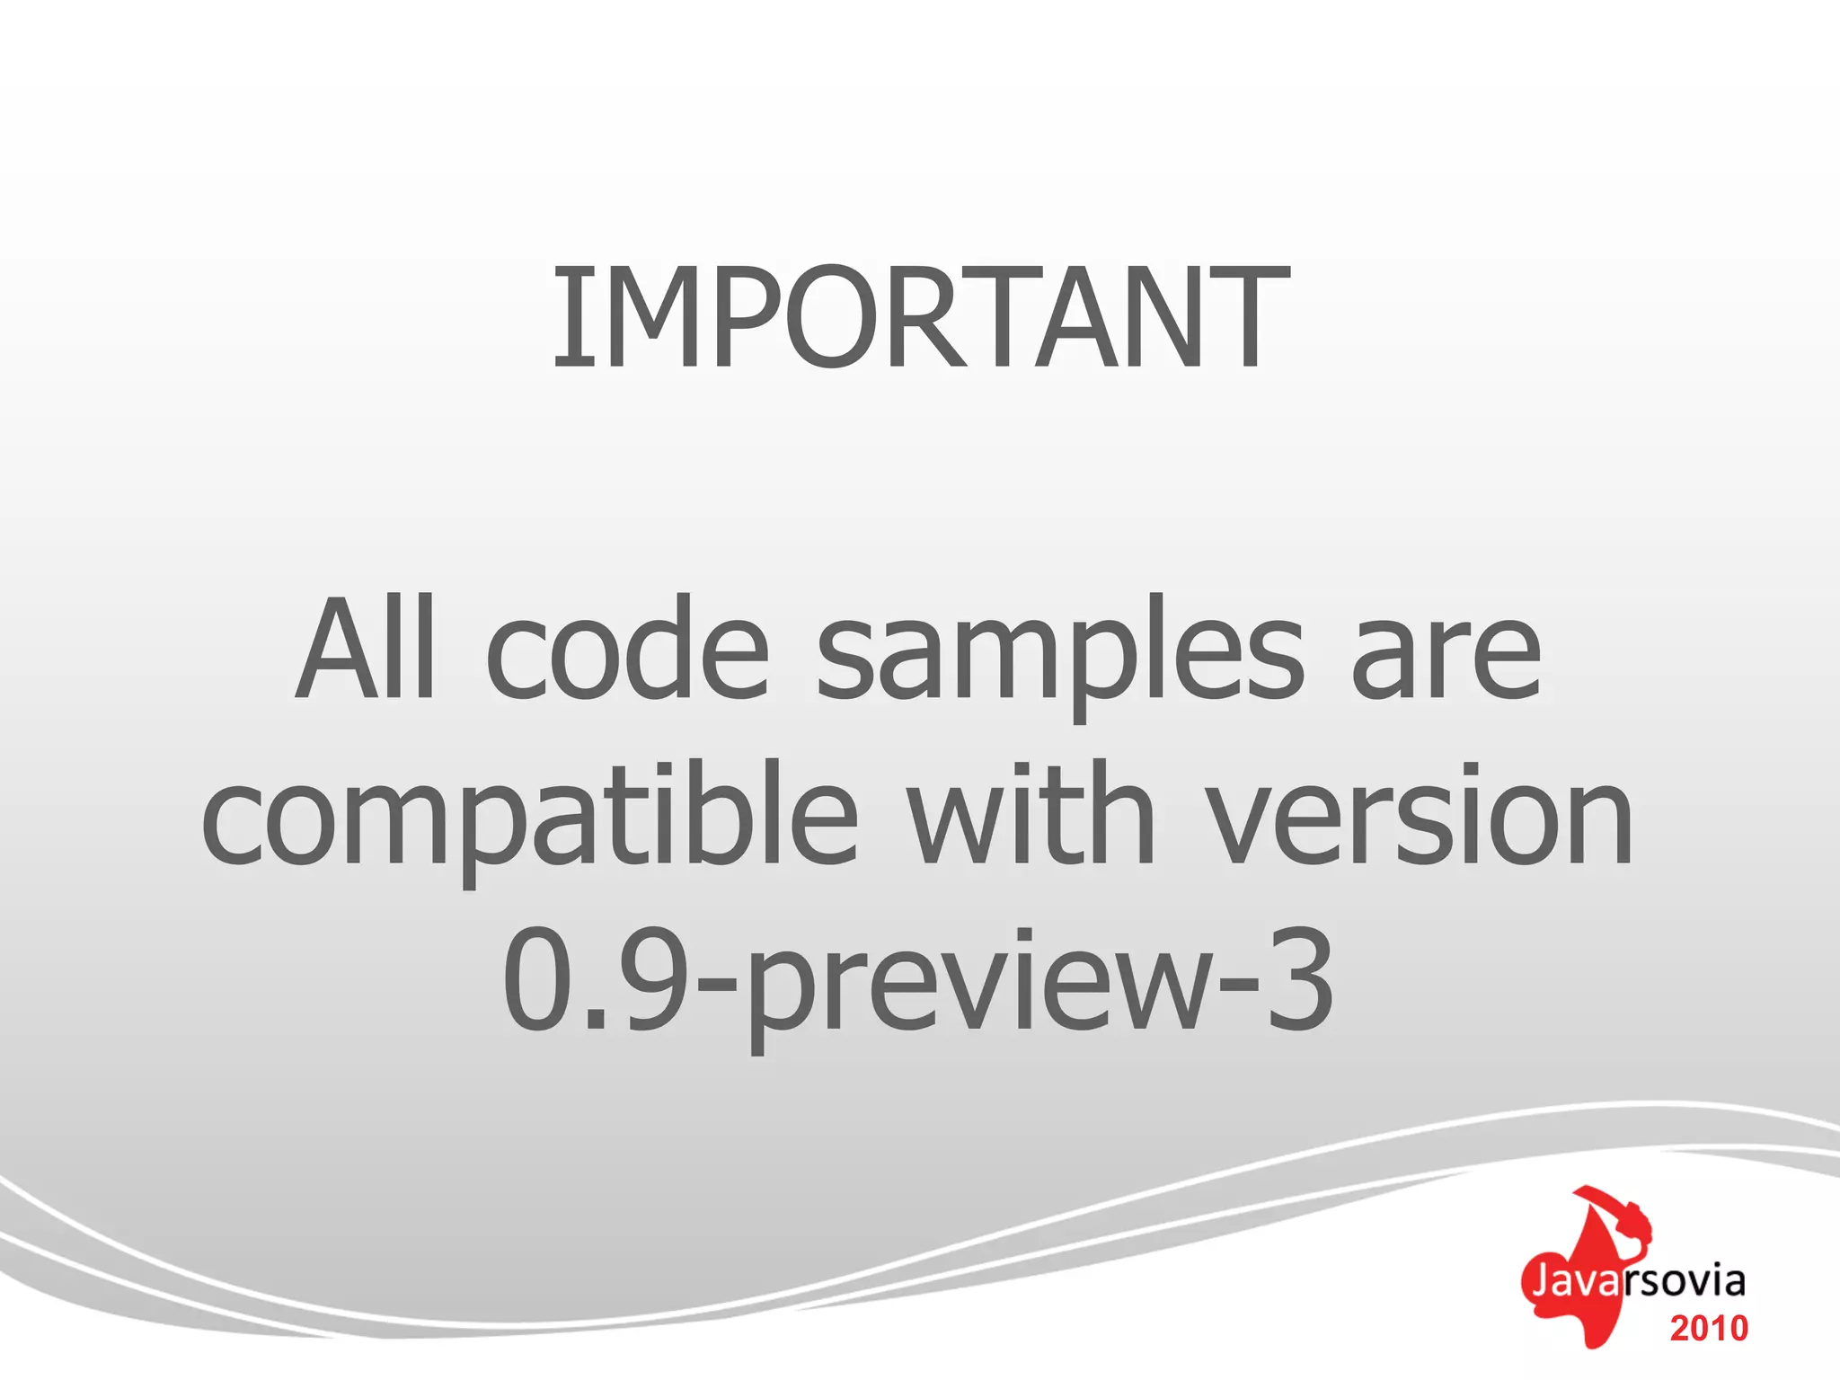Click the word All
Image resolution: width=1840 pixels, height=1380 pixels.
(x=367, y=649)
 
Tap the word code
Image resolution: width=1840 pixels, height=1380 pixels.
(x=627, y=649)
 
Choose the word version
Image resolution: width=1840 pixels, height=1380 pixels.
(x=1419, y=816)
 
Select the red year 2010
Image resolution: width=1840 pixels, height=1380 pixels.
(x=1709, y=1328)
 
